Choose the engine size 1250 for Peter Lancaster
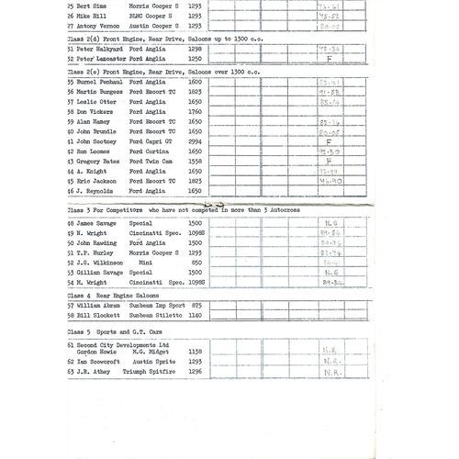pos(195,60)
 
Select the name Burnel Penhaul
pos(98,83)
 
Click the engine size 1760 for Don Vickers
pos(195,112)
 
